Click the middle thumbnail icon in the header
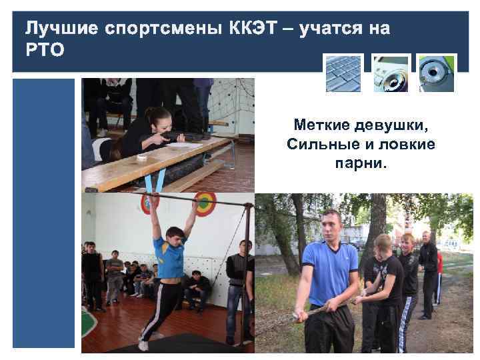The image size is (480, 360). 391,73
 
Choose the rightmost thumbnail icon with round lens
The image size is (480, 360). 437,73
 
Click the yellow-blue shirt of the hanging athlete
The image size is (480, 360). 170,256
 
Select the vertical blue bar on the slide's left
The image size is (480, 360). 44,213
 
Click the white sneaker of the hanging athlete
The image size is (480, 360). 143,345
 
